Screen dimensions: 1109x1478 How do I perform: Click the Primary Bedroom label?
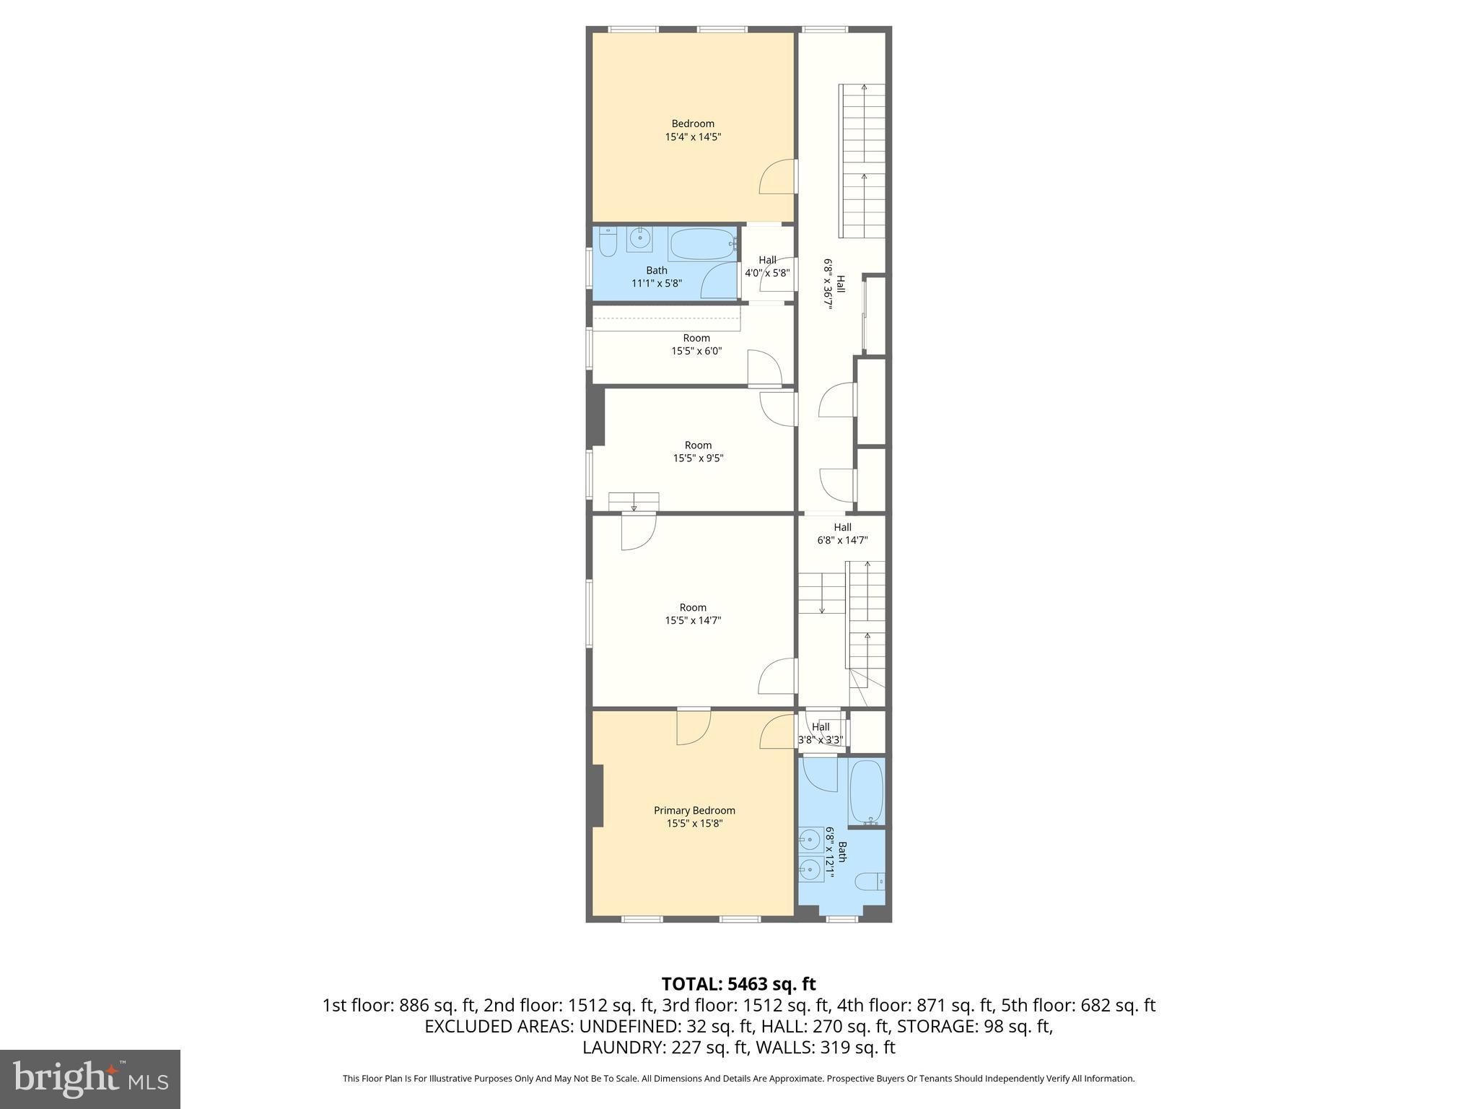click(x=694, y=810)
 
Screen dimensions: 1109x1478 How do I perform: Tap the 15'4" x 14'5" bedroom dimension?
click(x=693, y=136)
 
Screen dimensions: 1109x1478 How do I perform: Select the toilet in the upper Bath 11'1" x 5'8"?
click(x=608, y=243)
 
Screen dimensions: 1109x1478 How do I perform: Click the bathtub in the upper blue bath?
click(x=702, y=244)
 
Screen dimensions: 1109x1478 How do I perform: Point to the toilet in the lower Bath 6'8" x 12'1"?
click(x=870, y=882)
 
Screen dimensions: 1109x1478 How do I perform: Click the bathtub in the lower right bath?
click(x=866, y=791)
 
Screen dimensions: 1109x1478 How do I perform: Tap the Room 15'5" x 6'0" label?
click(x=696, y=344)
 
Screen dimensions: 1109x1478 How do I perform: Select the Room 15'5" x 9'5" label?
click(x=698, y=451)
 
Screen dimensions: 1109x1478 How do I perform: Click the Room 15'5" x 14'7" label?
click(x=693, y=614)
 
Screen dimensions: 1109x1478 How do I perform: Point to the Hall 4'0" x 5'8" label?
click(x=767, y=266)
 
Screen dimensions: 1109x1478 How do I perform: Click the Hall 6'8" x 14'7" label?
click(x=842, y=534)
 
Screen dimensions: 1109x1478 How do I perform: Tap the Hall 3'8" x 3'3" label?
click(x=821, y=733)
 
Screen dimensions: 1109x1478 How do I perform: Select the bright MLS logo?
click(x=90, y=1079)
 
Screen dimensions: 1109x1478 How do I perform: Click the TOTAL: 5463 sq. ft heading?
click(x=738, y=984)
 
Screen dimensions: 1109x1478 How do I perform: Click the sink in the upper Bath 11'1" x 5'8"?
click(x=639, y=239)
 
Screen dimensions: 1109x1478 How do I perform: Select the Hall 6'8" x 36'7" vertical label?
click(x=834, y=284)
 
